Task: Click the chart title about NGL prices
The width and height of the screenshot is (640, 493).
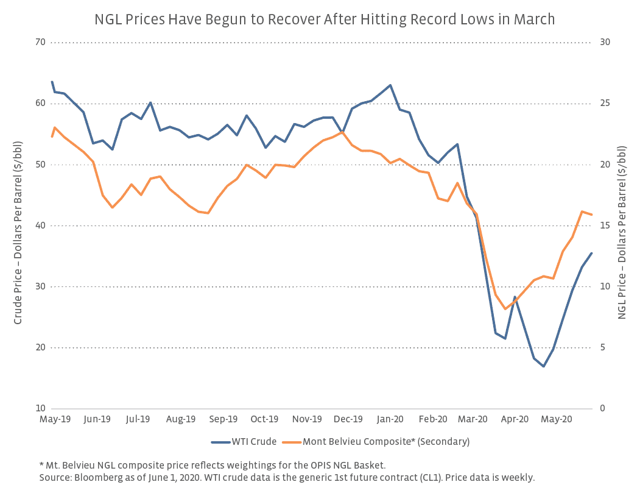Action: [325, 20]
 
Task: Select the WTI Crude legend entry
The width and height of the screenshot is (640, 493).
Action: [254, 442]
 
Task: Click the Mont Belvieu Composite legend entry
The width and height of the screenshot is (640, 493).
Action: [385, 442]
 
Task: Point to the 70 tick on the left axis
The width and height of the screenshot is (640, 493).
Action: [40, 42]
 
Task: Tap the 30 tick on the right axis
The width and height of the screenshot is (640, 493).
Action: [607, 42]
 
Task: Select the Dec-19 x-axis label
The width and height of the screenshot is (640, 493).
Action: [349, 419]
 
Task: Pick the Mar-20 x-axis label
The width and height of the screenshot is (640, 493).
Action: [473, 419]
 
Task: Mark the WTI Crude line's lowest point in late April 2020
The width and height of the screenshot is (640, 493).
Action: [543, 366]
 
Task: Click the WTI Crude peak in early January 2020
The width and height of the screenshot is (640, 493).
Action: [390, 85]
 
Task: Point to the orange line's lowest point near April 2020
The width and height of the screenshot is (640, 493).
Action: [505, 309]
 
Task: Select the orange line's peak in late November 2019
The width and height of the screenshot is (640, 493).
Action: [343, 132]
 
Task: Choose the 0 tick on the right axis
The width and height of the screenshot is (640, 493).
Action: [603, 408]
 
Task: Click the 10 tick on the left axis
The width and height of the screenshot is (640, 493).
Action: [40, 408]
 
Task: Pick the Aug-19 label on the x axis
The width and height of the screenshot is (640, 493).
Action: [180, 419]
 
